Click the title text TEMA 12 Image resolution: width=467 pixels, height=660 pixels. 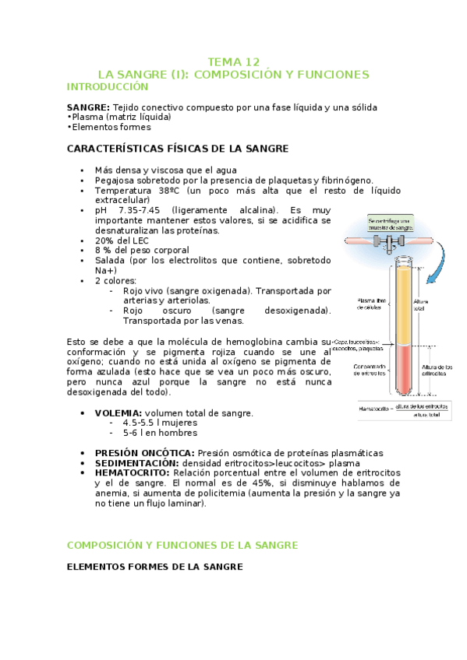[x=233, y=61]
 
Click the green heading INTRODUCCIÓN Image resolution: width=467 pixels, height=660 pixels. [x=107, y=86]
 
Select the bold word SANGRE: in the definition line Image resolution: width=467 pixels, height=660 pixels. [x=88, y=107]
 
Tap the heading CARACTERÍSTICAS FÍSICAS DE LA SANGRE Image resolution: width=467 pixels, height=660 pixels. [x=178, y=148]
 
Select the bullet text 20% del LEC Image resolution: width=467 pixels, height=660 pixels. [x=122, y=240]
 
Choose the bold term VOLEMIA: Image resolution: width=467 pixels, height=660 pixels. [x=118, y=412]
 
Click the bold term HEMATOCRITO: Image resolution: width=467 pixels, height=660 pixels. [x=132, y=472]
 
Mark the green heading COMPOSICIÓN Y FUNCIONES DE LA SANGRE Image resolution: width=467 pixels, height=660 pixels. [x=182, y=545]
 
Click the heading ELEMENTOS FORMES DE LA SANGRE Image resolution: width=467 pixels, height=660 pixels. [x=155, y=567]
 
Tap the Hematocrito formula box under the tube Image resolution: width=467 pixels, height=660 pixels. [x=405, y=409]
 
